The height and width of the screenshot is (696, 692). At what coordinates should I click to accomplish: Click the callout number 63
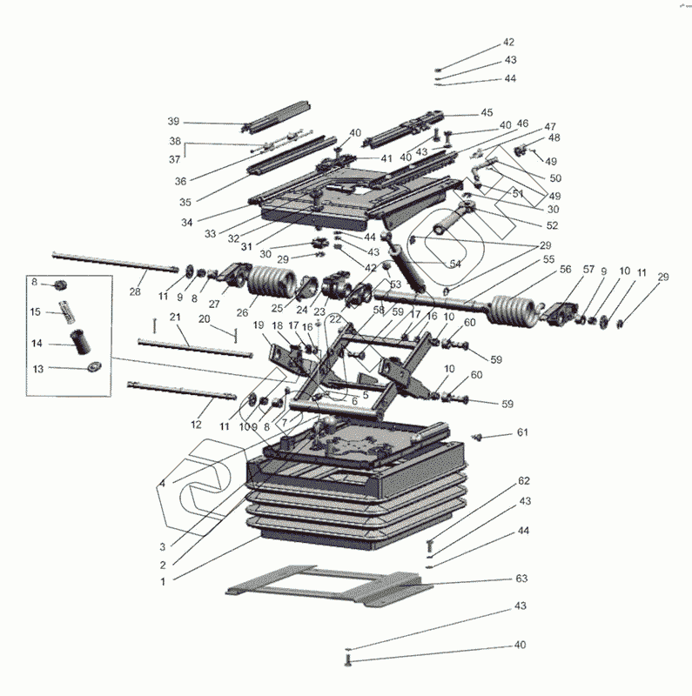[x=522, y=579]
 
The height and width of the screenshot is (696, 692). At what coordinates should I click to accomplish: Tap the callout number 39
[x=173, y=121]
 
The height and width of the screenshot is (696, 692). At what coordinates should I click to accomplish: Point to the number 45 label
[x=487, y=112]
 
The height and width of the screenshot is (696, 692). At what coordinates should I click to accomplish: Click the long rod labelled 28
[x=113, y=260]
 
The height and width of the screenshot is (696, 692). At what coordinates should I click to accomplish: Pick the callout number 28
[x=135, y=291]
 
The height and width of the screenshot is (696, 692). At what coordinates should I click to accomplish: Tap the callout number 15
[x=36, y=311]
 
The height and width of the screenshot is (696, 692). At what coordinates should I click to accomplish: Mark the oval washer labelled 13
[x=95, y=367]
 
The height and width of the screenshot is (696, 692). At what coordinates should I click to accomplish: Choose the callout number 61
[x=522, y=432]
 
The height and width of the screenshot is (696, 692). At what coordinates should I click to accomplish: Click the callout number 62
[x=524, y=480]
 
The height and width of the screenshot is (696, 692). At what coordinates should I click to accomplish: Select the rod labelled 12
[x=183, y=389]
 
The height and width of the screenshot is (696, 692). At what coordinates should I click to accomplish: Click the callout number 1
[x=163, y=579]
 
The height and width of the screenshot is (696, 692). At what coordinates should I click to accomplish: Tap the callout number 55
[x=548, y=259]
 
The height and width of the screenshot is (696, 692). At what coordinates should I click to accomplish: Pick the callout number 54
[x=455, y=264]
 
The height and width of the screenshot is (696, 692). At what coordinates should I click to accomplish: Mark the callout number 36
[x=180, y=181]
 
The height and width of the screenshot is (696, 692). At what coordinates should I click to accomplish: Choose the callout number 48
[x=554, y=138]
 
